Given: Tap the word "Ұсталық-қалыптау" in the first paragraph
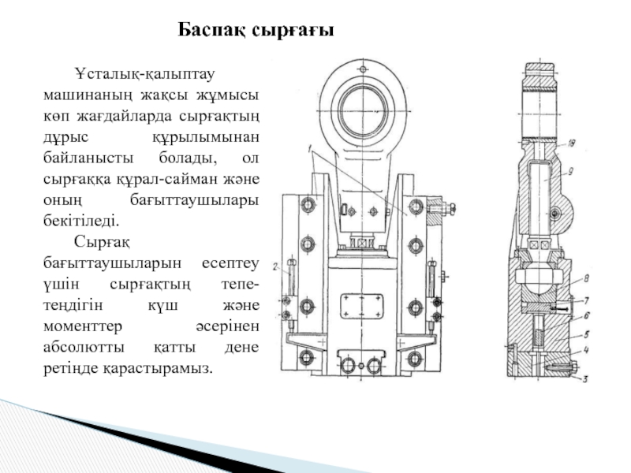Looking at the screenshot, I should point(145,75).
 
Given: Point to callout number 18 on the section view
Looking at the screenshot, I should point(571,143).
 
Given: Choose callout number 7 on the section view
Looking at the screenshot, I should point(584,300).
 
